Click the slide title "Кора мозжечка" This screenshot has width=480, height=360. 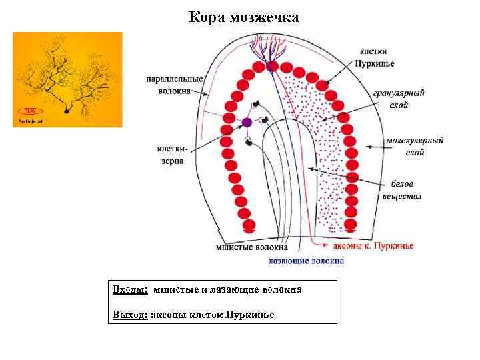244,17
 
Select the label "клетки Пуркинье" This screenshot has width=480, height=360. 377,57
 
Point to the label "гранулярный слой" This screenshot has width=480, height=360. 399,99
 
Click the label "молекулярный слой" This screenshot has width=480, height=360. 415,147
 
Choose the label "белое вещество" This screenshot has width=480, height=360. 402,190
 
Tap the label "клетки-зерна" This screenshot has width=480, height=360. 173,155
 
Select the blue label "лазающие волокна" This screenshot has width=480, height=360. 306,261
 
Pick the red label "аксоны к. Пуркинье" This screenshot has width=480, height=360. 373,246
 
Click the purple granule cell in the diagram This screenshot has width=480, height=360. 247,122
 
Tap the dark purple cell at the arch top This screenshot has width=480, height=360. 271,66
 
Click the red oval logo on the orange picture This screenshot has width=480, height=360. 29,110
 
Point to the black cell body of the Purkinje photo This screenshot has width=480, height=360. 67,111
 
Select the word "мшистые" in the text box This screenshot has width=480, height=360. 175,290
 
